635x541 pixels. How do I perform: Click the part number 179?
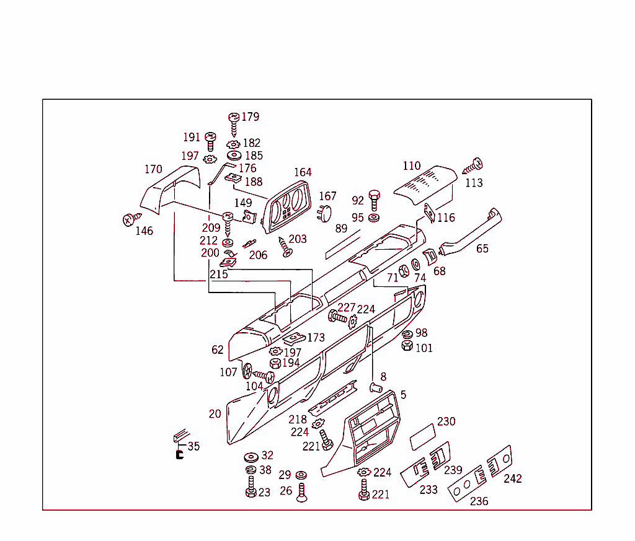point(251,117)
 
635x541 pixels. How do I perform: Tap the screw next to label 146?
point(131,219)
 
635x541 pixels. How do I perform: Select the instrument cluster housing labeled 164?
point(286,207)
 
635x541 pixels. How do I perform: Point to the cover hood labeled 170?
point(170,188)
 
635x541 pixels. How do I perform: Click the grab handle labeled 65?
point(471,232)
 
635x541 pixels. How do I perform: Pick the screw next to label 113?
point(473,166)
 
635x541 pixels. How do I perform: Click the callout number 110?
point(412,166)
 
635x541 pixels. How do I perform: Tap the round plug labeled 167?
point(324,213)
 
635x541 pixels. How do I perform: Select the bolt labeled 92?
point(375,200)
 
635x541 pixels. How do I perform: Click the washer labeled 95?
point(374,218)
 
